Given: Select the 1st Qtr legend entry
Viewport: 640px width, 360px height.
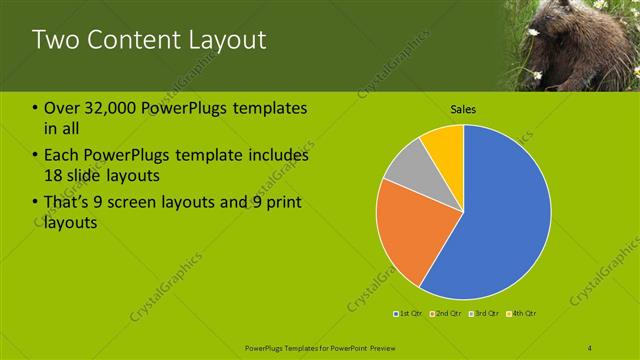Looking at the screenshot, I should click(x=409, y=314).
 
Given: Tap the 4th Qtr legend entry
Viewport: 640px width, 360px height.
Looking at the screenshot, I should click(x=524, y=314).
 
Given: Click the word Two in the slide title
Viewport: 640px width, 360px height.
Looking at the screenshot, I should click(x=51, y=41).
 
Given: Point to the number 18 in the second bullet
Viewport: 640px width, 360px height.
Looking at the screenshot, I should click(x=55, y=175).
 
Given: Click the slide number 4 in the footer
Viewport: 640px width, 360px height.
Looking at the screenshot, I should click(x=590, y=346).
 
